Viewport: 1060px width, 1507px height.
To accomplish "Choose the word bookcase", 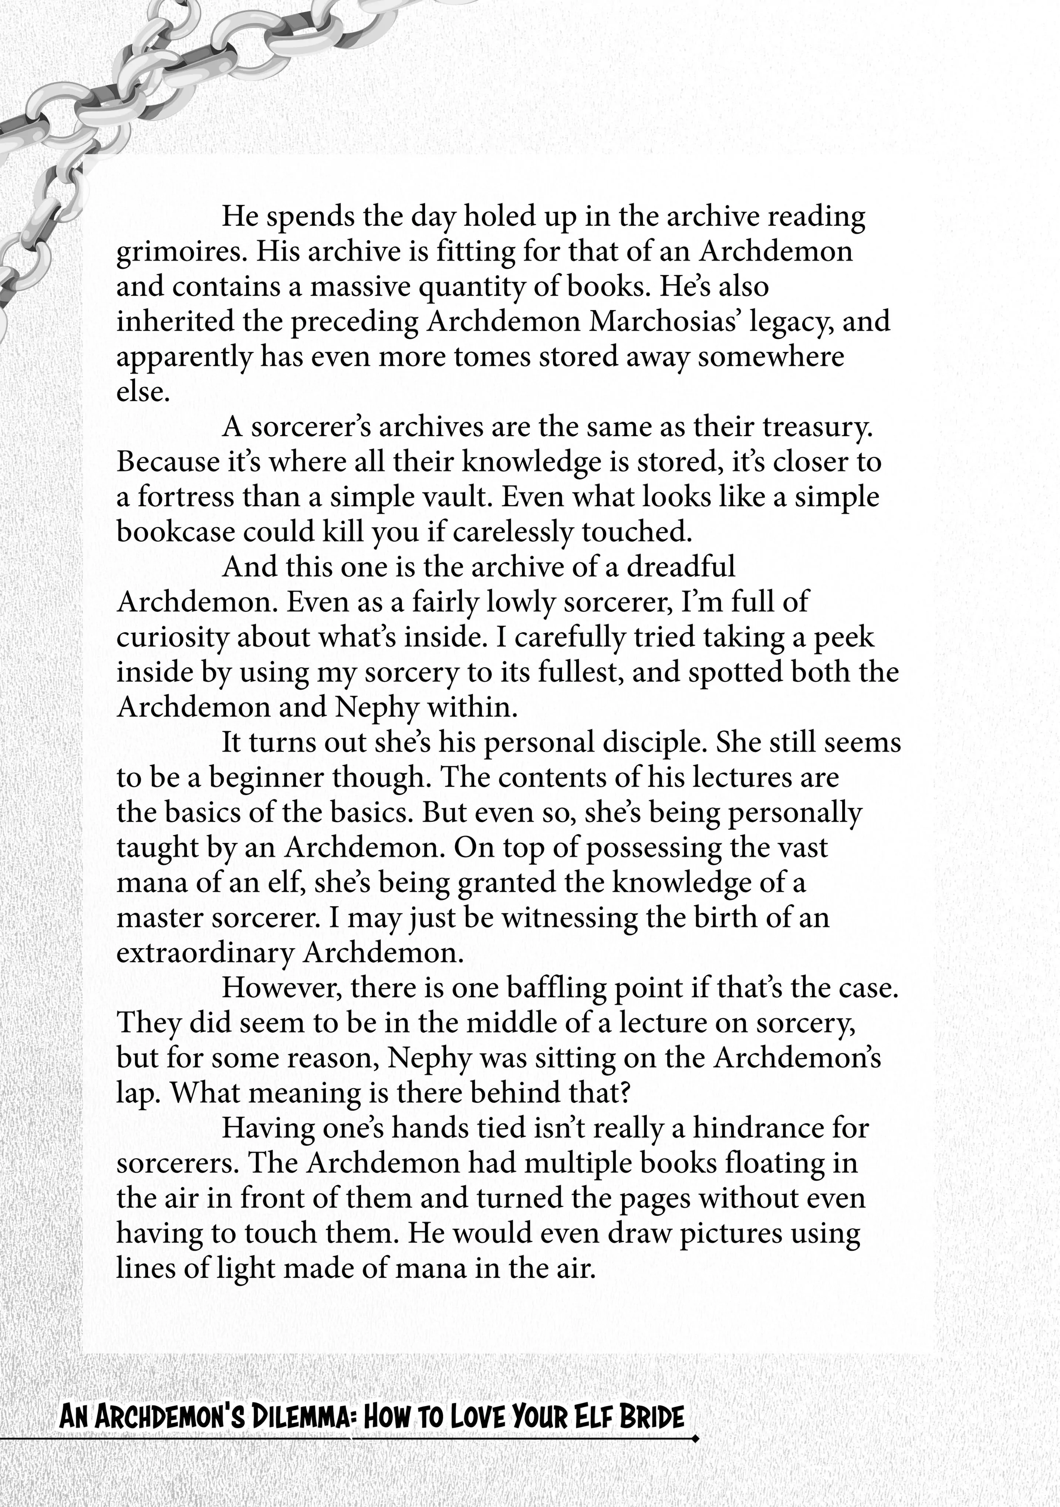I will point(175,532).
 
